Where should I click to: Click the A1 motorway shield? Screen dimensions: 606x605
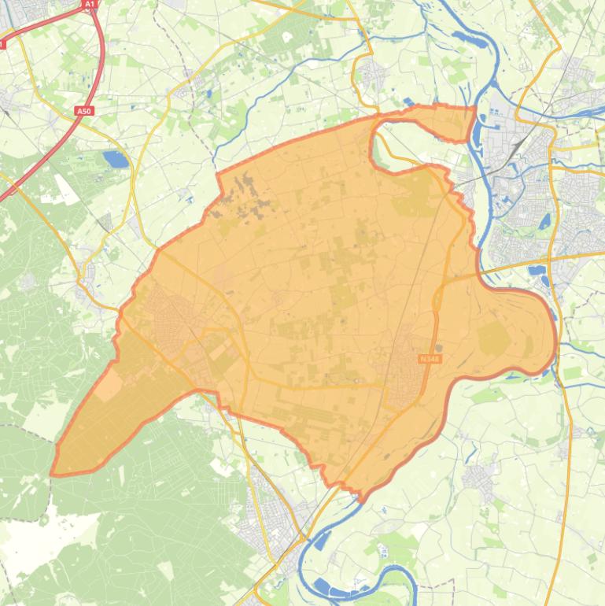pos(89,4)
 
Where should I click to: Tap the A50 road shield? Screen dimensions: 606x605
pos(84,111)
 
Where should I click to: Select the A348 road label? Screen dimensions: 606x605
pos(430,359)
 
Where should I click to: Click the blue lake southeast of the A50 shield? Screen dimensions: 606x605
pos(116,160)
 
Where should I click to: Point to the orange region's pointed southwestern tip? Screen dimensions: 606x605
pos(53,474)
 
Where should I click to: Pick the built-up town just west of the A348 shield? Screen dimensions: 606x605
pos(403,366)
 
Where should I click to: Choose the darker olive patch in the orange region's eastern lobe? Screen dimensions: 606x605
pos(494,338)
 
